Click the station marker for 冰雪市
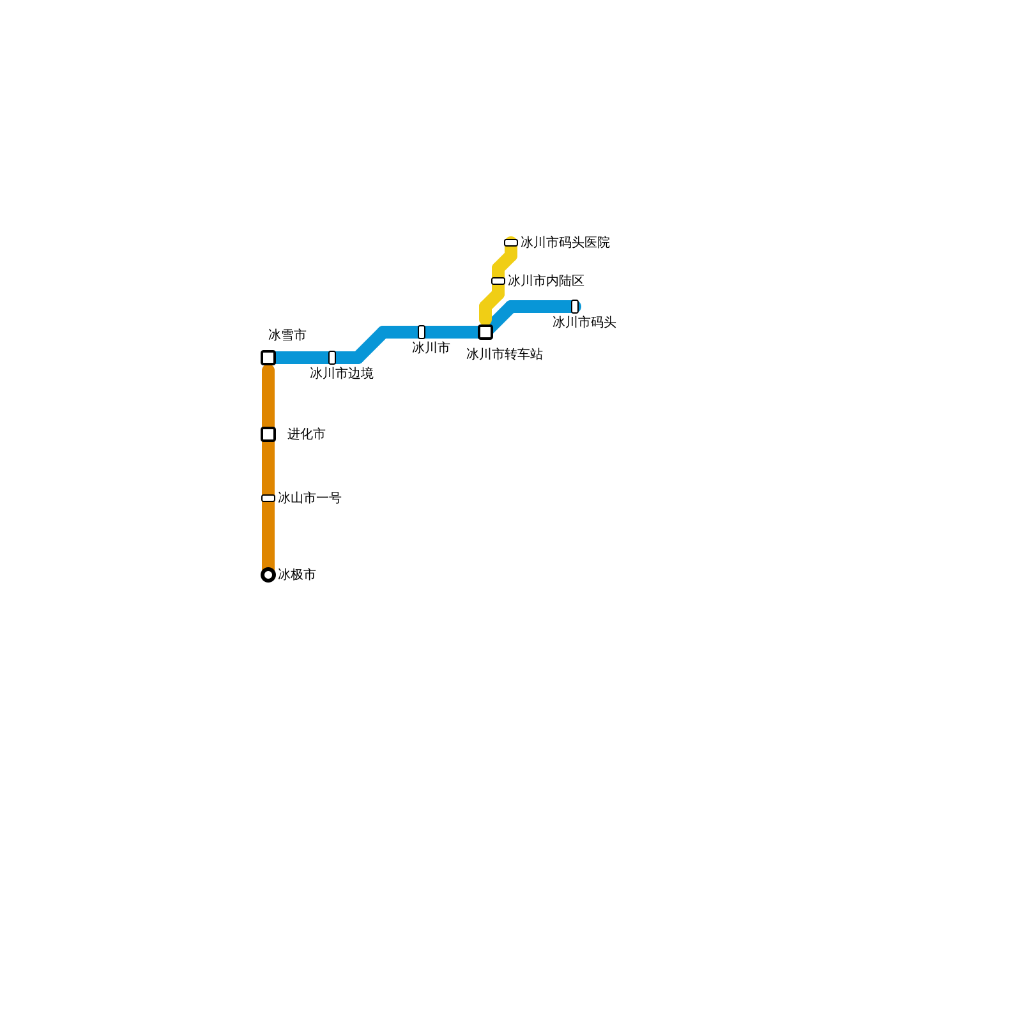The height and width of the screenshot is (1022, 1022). [268, 358]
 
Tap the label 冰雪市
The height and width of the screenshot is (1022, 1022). [287, 335]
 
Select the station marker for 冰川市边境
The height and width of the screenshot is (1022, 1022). [332, 358]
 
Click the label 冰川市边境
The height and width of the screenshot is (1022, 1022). [341, 373]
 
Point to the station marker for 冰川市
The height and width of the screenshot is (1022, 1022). [422, 332]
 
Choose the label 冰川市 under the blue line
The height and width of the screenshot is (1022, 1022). [431, 347]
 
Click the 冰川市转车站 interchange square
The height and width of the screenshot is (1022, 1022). [485, 332]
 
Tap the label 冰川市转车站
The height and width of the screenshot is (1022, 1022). [504, 354]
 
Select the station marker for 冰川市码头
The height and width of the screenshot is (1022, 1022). [575, 307]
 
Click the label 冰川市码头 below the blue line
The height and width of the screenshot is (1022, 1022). [584, 322]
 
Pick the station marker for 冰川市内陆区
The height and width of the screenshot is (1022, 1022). [498, 281]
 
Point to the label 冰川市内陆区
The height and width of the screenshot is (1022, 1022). [545, 280]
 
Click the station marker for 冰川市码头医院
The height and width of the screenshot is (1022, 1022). [511, 243]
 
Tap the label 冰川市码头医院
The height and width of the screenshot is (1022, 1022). [565, 242]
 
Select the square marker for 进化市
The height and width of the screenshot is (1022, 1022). [268, 434]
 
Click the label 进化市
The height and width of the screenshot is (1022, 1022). [306, 434]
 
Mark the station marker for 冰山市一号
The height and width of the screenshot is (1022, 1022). [268, 498]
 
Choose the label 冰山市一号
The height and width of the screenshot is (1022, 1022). [309, 498]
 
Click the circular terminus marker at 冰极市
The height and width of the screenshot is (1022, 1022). [268, 575]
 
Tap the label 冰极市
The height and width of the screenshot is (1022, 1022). [296, 574]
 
